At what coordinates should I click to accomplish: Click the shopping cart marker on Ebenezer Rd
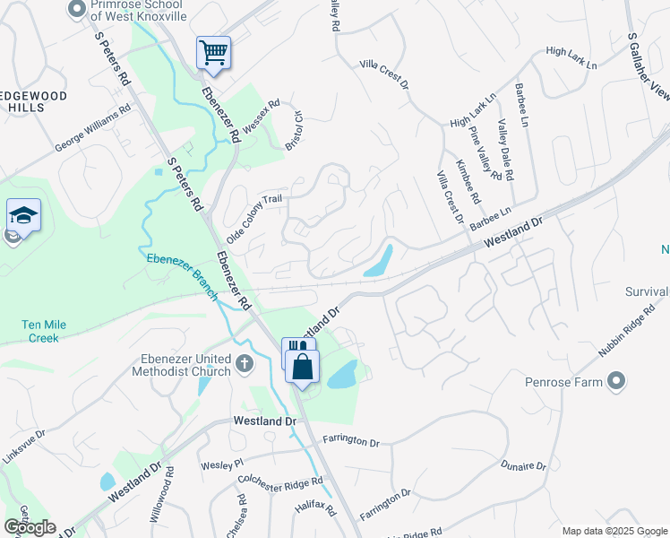point(213,53)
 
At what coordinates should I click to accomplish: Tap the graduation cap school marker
point(23,216)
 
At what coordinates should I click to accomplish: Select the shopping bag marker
point(303,366)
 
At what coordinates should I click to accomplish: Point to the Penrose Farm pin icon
point(615,382)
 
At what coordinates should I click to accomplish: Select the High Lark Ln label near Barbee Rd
point(571,56)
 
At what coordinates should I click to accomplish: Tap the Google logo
point(30,527)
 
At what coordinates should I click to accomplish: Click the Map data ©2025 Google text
point(614,531)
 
